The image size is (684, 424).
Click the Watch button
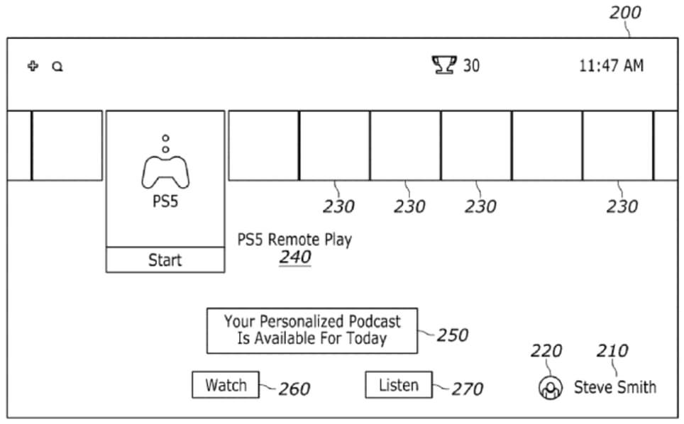[226, 385]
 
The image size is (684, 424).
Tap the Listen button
[398, 385]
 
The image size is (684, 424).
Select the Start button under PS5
[165, 260]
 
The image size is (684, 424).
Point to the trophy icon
[444, 66]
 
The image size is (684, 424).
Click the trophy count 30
[471, 66]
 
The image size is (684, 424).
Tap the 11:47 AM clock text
[611, 66]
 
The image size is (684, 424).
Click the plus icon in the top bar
[33, 66]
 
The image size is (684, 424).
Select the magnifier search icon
[57, 67]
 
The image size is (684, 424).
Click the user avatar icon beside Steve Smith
[551, 387]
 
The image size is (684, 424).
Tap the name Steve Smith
[614, 387]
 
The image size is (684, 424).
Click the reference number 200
[624, 12]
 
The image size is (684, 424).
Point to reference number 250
[453, 335]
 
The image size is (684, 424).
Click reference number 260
[294, 389]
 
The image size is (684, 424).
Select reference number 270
[467, 389]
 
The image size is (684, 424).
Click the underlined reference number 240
[294, 257]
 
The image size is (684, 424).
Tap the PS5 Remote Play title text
[294, 239]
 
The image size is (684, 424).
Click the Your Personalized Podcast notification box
[312, 330]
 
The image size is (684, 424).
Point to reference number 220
[546, 351]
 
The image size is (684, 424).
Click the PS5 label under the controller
[165, 201]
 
